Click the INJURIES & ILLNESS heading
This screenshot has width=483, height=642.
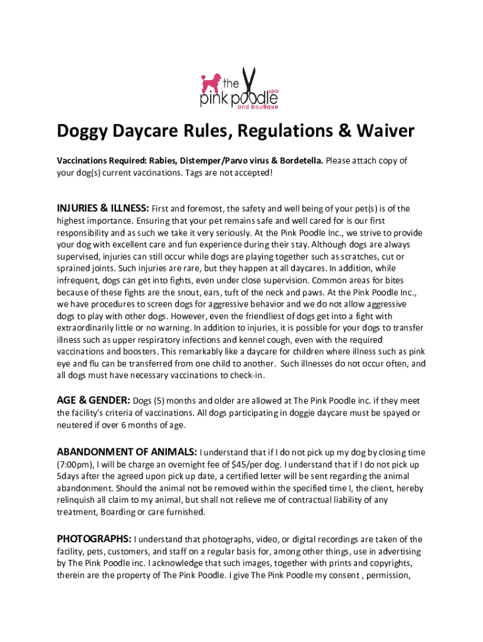[103, 208]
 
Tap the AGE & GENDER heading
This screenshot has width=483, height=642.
[93, 400]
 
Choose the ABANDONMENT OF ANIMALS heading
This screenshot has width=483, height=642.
[127, 452]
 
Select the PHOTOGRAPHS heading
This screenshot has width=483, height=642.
[94, 539]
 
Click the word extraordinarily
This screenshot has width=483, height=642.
[90, 328]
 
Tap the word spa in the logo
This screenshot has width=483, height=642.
[273, 92]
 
